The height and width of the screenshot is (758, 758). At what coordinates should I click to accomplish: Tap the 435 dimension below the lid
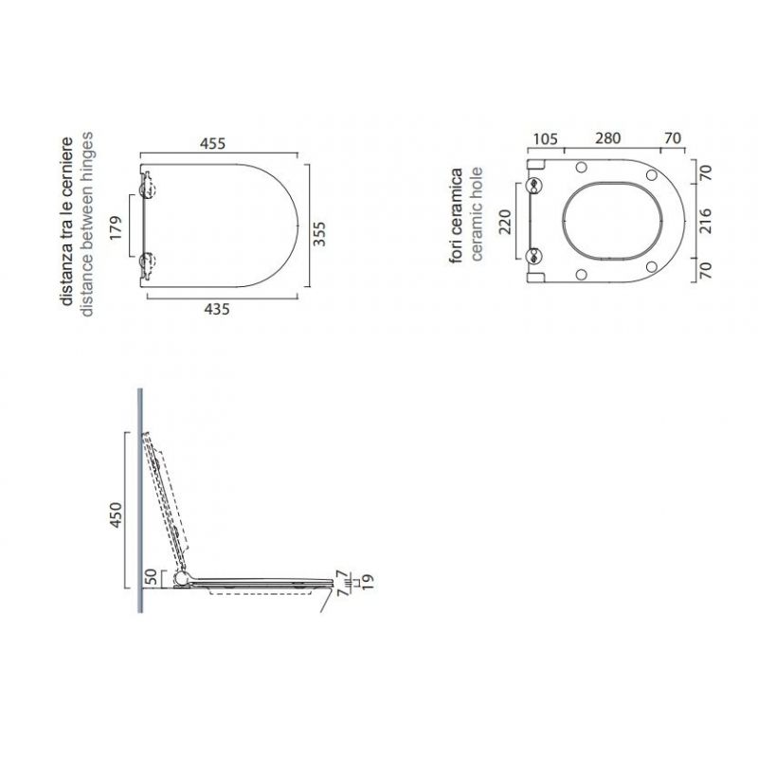pos(218,308)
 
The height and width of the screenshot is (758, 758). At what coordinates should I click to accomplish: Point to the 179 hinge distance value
pos(116,229)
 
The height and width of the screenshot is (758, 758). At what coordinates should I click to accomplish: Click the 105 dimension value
pos(544,138)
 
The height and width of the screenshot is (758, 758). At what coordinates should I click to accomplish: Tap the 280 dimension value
pos(607,138)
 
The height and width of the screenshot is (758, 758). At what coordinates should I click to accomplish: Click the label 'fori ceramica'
pos(457,214)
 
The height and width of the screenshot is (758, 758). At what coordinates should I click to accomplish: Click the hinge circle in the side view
pos(182,577)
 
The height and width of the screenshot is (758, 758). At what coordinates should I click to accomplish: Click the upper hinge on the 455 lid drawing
pos(146,189)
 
